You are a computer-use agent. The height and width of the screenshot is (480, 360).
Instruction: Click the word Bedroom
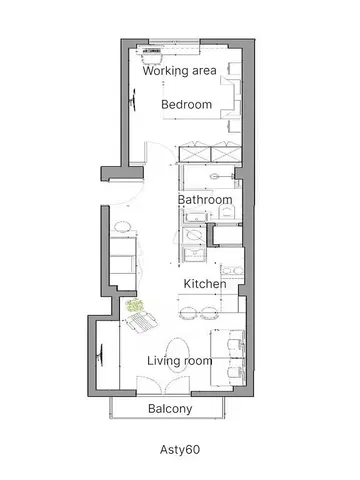pyautogui.click(x=187, y=104)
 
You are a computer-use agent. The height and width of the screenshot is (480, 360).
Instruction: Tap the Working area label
pyautogui.click(x=180, y=71)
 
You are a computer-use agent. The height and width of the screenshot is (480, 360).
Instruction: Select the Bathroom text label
pyautogui.click(x=205, y=199)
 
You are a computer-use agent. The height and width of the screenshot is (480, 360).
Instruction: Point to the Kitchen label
pyautogui.click(x=204, y=284)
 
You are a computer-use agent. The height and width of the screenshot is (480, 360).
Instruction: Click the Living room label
pyautogui.click(x=179, y=360)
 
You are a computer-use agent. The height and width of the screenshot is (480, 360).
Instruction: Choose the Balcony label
pyautogui.click(x=170, y=409)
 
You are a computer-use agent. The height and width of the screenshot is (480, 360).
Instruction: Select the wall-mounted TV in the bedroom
pyautogui.click(x=131, y=97)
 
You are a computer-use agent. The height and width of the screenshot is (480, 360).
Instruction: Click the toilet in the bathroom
pyautogui.click(x=215, y=175)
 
